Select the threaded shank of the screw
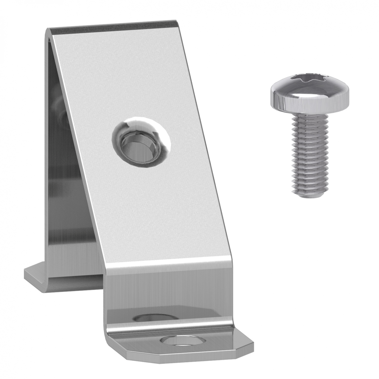[310, 154]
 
